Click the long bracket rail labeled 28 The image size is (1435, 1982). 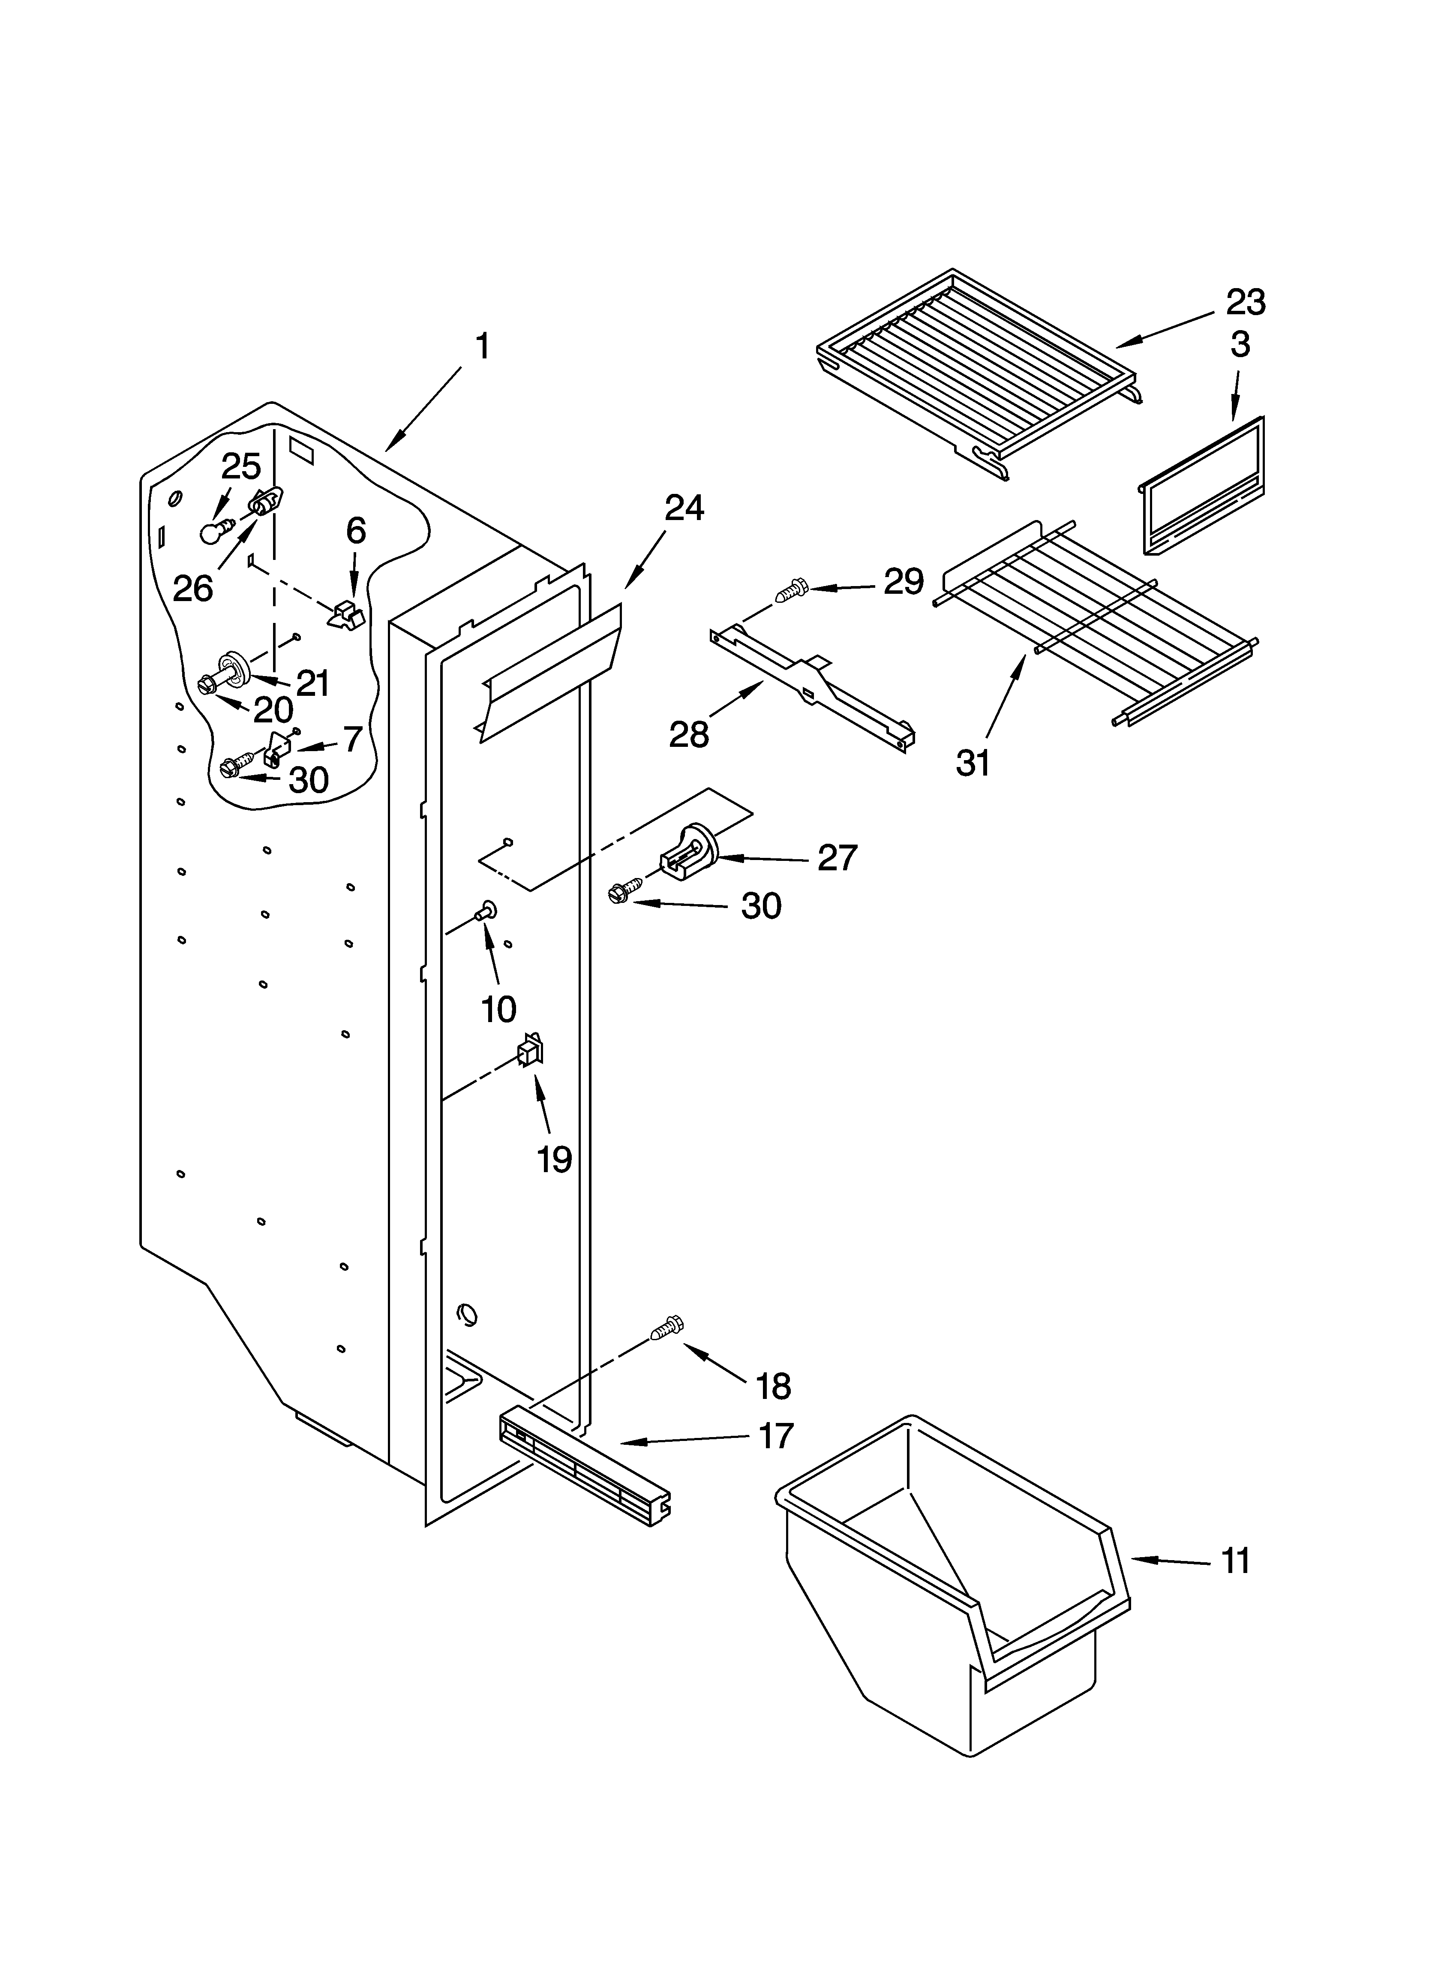(x=813, y=690)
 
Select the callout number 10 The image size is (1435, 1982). (x=498, y=1009)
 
